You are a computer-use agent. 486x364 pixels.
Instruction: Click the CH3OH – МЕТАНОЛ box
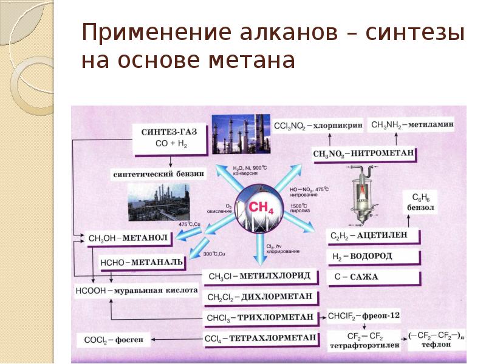(x=127, y=238)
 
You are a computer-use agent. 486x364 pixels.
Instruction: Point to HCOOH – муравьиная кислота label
(x=137, y=291)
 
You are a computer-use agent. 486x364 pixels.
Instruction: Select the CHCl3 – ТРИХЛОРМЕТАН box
(x=261, y=317)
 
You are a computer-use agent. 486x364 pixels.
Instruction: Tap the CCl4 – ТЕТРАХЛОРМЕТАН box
(x=261, y=338)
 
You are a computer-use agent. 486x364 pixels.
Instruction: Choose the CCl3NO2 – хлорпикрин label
(x=318, y=126)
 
